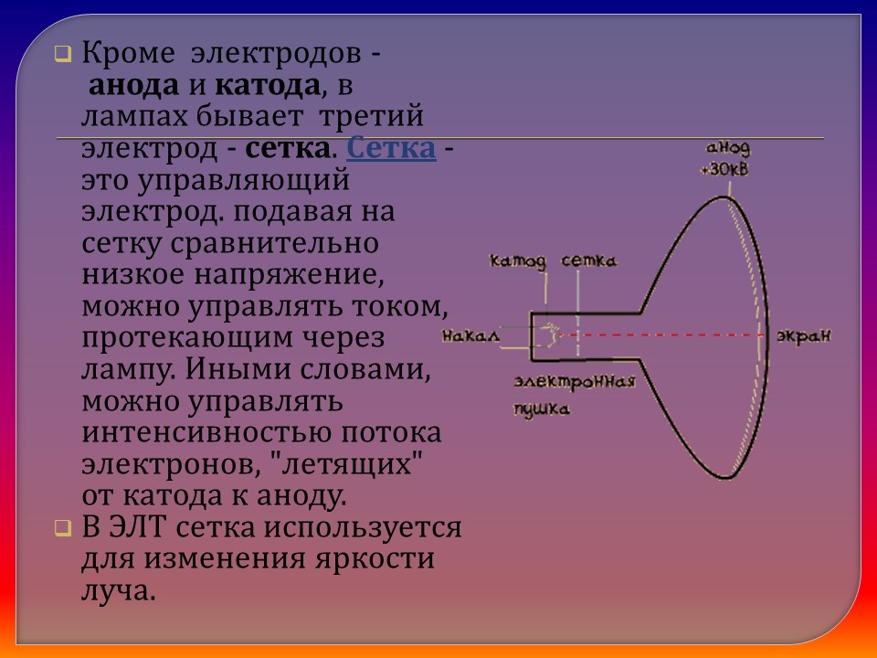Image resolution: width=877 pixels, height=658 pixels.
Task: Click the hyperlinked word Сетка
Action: [x=391, y=149]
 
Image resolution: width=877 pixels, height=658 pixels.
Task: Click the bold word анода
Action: [x=132, y=88]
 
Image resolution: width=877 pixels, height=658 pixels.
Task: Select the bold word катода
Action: [x=269, y=88]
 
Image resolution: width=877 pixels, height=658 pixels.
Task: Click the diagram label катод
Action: [x=518, y=261]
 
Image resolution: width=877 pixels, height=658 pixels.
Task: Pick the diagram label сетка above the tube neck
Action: [x=588, y=261]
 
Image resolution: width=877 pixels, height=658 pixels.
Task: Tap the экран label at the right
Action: [x=803, y=336]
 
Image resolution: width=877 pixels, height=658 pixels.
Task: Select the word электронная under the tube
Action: [x=574, y=381]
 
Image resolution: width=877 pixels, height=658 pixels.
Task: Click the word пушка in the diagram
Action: [x=542, y=409]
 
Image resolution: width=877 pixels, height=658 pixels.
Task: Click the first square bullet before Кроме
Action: [x=62, y=55]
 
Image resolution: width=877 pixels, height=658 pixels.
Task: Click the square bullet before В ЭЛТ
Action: [x=62, y=528]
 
